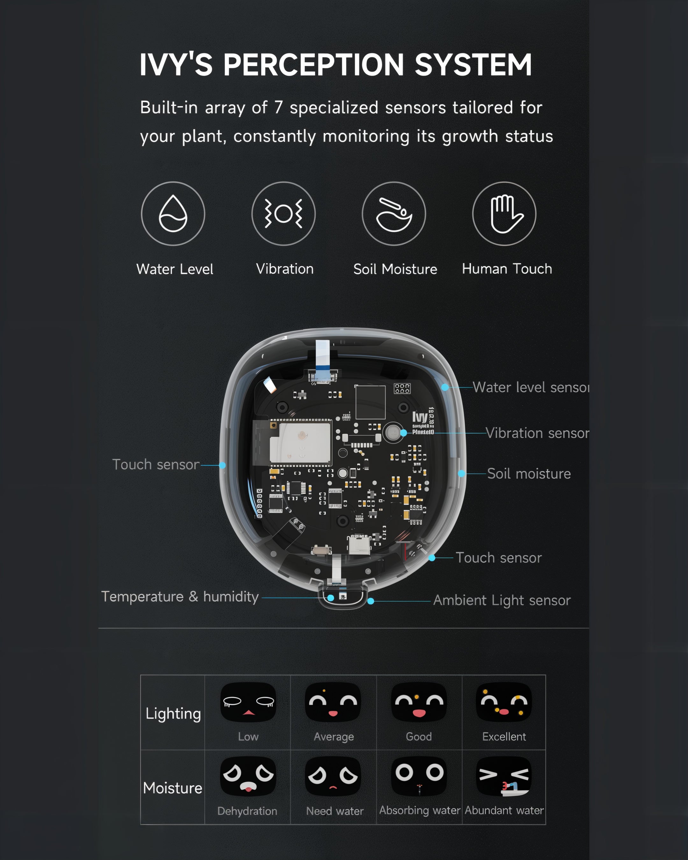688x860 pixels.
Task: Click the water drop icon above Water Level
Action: click(x=173, y=214)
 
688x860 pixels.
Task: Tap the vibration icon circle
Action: click(x=283, y=214)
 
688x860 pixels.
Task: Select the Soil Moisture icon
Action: click(x=394, y=214)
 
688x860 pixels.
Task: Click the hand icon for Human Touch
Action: click(x=504, y=214)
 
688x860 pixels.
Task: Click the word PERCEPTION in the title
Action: click(x=313, y=65)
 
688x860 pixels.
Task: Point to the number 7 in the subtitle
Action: click(x=278, y=108)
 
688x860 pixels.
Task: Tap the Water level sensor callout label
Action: click(x=530, y=387)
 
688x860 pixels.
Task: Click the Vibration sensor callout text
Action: click(x=537, y=433)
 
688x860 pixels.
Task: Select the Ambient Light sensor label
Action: click(x=502, y=600)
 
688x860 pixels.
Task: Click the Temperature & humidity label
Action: click(x=180, y=597)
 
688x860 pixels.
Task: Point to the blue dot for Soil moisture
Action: click(x=462, y=474)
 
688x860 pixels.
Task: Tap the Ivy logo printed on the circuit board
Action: click(x=420, y=417)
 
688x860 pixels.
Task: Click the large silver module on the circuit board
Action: click(x=300, y=443)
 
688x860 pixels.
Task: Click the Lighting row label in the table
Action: click(x=173, y=713)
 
